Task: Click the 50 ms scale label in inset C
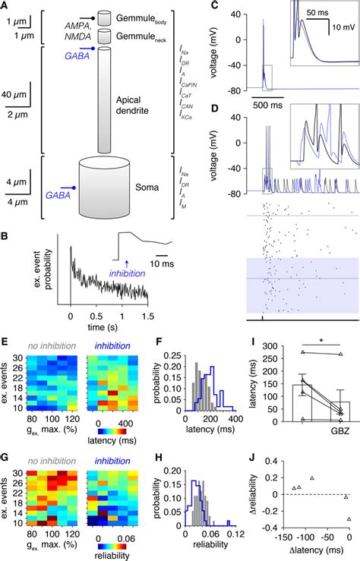click(318, 13)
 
